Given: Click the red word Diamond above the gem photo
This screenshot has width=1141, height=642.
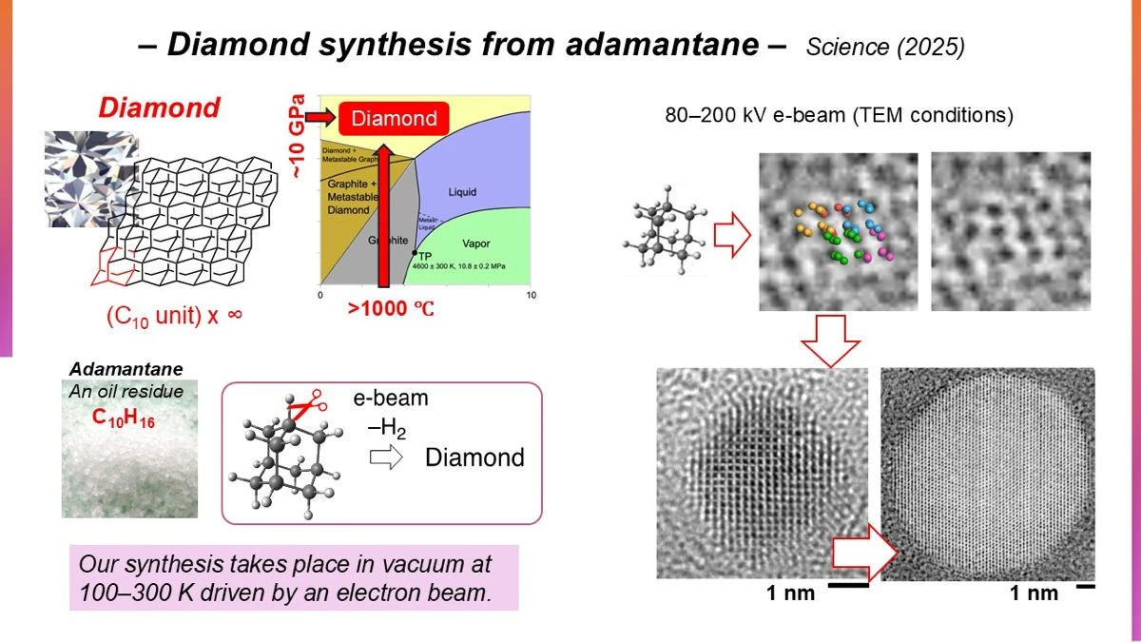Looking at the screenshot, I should point(159,107).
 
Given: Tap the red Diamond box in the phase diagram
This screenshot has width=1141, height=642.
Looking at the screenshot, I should point(394,119).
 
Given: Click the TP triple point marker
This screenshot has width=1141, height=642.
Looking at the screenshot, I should point(415,253).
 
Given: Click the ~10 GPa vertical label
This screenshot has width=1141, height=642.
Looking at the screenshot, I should point(300,139).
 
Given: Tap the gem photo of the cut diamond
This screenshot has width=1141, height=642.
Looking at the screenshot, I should point(91,179).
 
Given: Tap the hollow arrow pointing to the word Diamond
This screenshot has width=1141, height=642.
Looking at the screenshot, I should point(385,457).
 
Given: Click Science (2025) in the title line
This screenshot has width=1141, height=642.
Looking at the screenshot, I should point(885,48).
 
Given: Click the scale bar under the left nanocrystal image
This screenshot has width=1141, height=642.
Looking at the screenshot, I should point(848,586).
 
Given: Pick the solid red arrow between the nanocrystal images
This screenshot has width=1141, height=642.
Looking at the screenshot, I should point(866,555).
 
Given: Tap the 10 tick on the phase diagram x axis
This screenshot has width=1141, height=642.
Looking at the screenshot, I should point(531,296).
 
